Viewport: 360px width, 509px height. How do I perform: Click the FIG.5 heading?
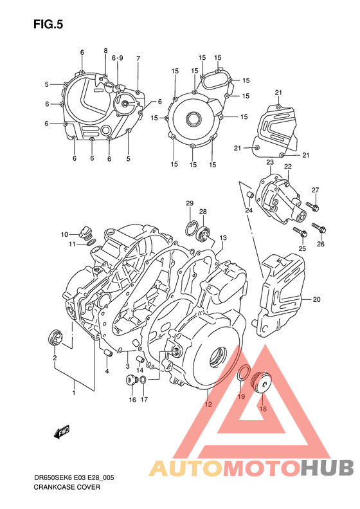(48, 24)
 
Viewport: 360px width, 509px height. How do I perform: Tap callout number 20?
(316, 299)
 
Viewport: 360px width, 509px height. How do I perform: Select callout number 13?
(223, 238)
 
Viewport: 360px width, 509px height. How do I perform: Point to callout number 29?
(190, 204)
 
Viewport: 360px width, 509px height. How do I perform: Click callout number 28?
(203, 212)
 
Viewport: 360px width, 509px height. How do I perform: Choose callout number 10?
(65, 234)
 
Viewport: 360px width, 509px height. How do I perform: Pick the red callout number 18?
(262, 408)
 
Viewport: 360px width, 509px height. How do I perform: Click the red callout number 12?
(208, 405)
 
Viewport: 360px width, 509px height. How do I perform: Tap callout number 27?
(316, 190)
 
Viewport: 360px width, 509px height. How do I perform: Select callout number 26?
(321, 244)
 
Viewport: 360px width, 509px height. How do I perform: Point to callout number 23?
(270, 162)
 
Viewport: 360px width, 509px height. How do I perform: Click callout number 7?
(138, 59)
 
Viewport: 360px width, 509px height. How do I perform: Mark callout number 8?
(106, 50)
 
